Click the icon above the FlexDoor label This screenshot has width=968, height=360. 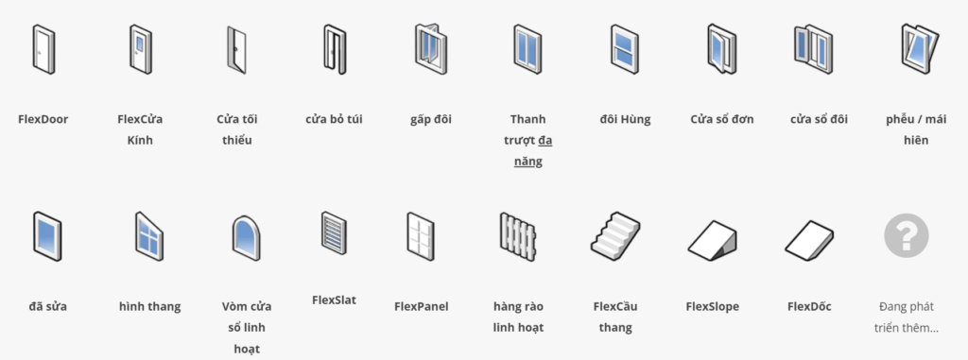click(43, 48)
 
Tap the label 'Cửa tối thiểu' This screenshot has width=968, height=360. click(236, 129)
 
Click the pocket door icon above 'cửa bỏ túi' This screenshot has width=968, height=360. click(334, 48)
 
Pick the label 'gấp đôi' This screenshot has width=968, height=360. click(431, 119)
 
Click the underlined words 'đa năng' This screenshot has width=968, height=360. click(534, 151)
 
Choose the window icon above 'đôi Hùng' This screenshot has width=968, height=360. click(625, 48)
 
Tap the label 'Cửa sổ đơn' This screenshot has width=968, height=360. click(722, 119)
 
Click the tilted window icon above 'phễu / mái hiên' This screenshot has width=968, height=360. click(915, 48)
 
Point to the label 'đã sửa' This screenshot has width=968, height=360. click(47, 306)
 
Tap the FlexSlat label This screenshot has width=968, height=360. click(334, 300)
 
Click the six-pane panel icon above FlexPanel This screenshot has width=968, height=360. click(421, 235)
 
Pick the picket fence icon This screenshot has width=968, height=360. click(518, 235)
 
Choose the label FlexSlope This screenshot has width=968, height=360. click(712, 306)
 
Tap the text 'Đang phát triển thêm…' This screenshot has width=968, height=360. click(907, 317)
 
